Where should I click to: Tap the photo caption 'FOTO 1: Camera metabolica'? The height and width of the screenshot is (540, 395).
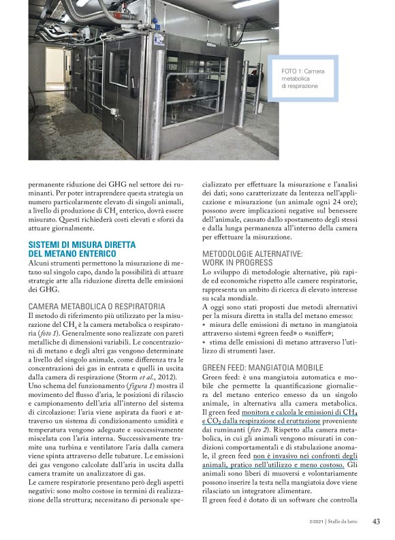pyautogui.click(x=304, y=72)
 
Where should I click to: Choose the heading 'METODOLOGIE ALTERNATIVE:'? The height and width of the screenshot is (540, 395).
pyautogui.click(x=252, y=253)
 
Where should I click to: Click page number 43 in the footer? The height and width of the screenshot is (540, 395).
pyautogui.click(x=376, y=522)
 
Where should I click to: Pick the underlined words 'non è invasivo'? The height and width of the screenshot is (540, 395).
pyautogui.click(x=294, y=456)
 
